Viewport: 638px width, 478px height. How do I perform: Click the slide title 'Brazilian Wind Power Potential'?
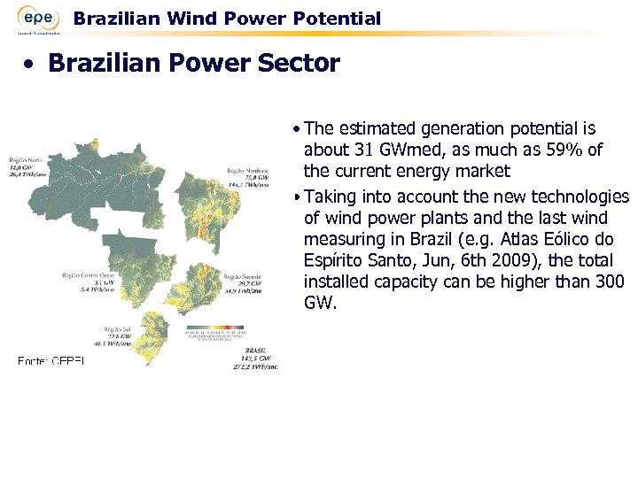click(x=227, y=19)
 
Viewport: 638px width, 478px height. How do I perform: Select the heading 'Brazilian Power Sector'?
click(x=194, y=64)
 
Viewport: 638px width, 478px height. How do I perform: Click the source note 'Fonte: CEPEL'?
click(x=51, y=360)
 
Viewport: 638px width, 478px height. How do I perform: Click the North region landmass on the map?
click(x=106, y=186)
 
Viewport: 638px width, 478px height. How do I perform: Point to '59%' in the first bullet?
click(x=562, y=150)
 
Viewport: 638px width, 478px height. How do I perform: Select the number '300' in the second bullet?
click(x=609, y=281)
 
